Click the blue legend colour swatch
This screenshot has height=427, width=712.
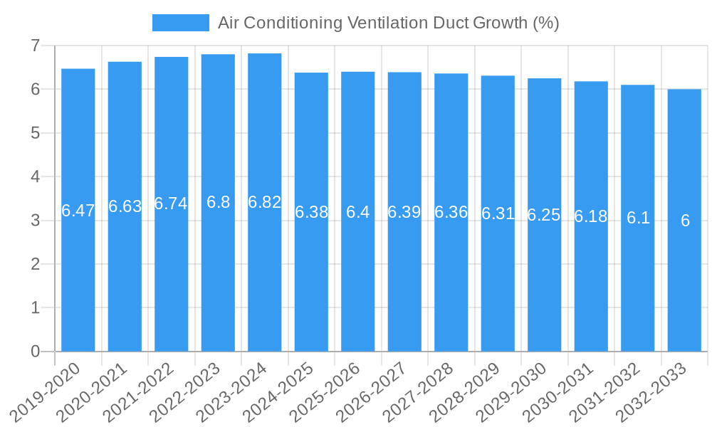(180, 23)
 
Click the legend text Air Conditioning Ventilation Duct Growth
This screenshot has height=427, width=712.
(388, 23)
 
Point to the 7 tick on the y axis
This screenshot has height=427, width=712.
(35, 46)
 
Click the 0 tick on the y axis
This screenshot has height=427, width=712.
(35, 352)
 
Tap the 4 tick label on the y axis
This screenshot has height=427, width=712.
(35, 176)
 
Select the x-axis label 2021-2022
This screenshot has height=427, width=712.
(146, 391)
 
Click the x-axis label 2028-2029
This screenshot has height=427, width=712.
(472, 391)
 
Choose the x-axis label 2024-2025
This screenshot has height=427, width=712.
(286, 391)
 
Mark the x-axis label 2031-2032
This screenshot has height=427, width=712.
(612, 391)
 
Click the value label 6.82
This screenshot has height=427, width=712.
(265, 202)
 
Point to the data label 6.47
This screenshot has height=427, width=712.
(78, 211)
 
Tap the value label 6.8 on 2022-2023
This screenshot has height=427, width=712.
(218, 202)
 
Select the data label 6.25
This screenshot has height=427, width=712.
(544, 216)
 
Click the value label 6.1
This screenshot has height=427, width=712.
(638, 218)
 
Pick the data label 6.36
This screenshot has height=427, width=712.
(451, 212)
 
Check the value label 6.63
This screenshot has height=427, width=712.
(125, 206)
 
